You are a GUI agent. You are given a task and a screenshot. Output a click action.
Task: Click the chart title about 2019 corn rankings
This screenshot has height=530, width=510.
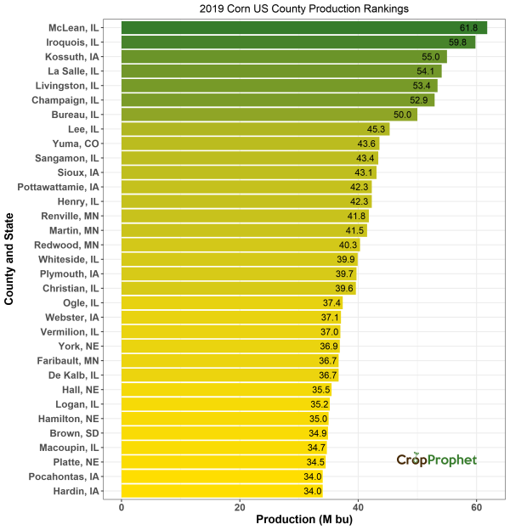pos(303,8)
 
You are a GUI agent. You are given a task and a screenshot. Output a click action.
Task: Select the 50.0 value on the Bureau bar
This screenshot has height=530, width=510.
pos(401,115)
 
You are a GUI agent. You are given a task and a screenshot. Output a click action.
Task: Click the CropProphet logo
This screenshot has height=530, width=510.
pos(436,460)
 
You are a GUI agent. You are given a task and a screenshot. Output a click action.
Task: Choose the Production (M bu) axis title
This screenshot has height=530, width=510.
pos(303,519)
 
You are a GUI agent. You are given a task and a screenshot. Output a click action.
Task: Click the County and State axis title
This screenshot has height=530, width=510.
pos(9,260)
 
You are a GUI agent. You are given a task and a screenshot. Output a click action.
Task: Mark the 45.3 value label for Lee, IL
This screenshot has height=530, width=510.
pos(374,129)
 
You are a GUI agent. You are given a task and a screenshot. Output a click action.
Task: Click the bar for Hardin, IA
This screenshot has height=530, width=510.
pos(222,491)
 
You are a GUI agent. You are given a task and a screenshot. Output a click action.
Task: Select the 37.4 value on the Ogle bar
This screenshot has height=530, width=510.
pos(331,303)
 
